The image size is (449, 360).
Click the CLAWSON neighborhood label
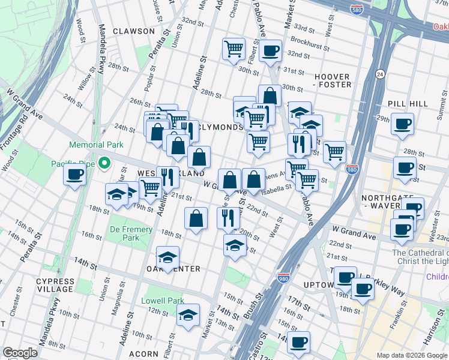pos(133,31)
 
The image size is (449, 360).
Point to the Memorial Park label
pos(96,145)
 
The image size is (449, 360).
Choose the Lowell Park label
pos(162,301)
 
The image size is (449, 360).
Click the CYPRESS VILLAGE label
pos(55,284)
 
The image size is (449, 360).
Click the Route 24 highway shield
pos(380,74)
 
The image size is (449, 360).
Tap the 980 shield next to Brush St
pos(284,278)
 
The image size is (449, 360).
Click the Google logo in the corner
pos(20,353)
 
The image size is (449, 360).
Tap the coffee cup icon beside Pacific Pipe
pos(74,175)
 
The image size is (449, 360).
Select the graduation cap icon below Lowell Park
pos(188,314)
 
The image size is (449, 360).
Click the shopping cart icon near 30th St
pos(234,49)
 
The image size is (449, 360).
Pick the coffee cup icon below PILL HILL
pos(402,124)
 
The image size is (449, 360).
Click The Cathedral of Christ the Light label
pos(420,257)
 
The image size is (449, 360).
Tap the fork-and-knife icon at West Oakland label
pos(167,177)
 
